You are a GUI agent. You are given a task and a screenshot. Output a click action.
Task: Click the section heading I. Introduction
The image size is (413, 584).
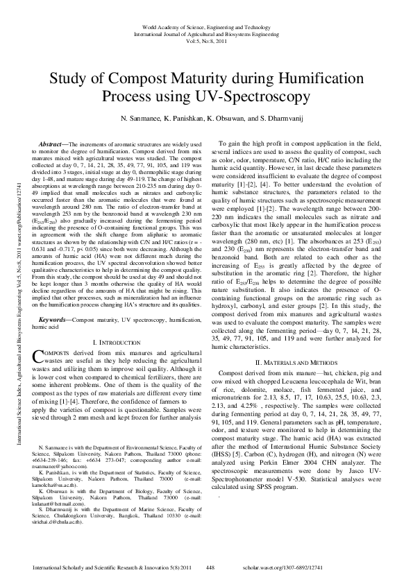tap(117, 343)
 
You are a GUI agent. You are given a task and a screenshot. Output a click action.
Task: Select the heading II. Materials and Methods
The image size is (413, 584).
tap(296, 362)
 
